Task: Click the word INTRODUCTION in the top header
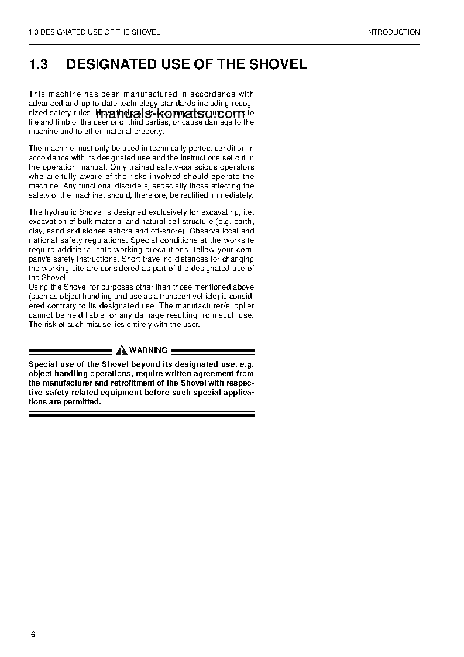pyautogui.click(x=393, y=32)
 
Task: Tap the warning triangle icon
pyautogui.click(x=122, y=350)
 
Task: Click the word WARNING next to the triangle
pyautogui.click(x=148, y=350)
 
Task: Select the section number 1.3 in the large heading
pyautogui.click(x=38, y=64)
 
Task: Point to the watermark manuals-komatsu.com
pyautogui.click(x=169, y=114)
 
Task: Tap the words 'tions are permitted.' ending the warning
pyautogui.click(x=65, y=401)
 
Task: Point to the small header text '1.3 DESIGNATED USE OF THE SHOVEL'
pyautogui.click(x=94, y=32)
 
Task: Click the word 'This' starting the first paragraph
pyautogui.click(x=37, y=94)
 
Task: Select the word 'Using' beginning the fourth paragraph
pyautogui.click(x=39, y=287)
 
